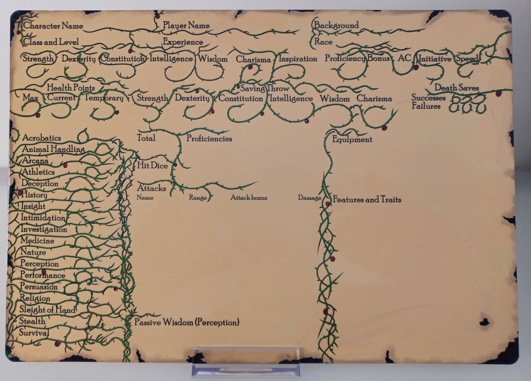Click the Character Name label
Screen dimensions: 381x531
click(x=53, y=26)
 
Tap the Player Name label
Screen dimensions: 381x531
click(x=186, y=25)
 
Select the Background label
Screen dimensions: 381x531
click(x=336, y=25)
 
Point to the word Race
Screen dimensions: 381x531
click(x=323, y=42)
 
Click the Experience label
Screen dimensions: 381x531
click(x=183, y=42)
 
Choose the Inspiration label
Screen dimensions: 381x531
click(x=298, y=59)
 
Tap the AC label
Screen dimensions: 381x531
click(x=404, y=58)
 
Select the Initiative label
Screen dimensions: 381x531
click(x=435, y=59)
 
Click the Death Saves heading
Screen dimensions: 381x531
click(x=456, y=88)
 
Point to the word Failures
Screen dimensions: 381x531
click(x=426, y=106)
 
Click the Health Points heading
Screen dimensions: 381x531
click(x=71, y=87)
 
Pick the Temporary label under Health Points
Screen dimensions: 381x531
click(x=104, y=98)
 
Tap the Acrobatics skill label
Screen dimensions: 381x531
click(x=42, y=138)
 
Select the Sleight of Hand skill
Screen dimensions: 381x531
click(x=47, y=310)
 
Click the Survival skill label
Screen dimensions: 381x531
click(x=33, y=333)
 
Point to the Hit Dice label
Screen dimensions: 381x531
click(x=152, y=166)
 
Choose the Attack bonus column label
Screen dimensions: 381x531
click(x=249, y=198)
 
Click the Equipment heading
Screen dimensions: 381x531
click(x=352, y=139)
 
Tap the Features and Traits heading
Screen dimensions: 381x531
click(x=367, y=200)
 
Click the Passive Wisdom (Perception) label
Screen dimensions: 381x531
click(x=187, y=322)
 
